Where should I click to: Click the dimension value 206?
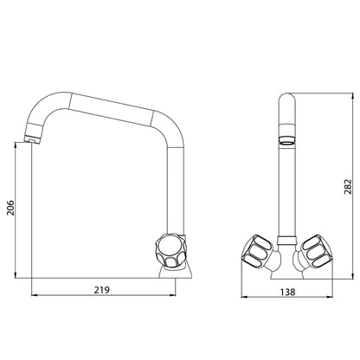pyautogui.click(x=10, y=207)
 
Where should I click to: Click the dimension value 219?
pyautogui.click(x=102, y=290)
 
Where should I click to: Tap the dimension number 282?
pyautogui.click(x=349, y=186)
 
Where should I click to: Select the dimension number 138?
pyautogui.click(x=287, y=292)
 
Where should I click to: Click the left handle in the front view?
pyautogui.click(x=258, y=249)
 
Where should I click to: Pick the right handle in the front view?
pyautogui.click(x=316, y=250)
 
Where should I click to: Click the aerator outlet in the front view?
pyautogui.click(x=287, y=138)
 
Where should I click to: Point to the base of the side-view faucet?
pyautogui.click(x=176, y=272)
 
